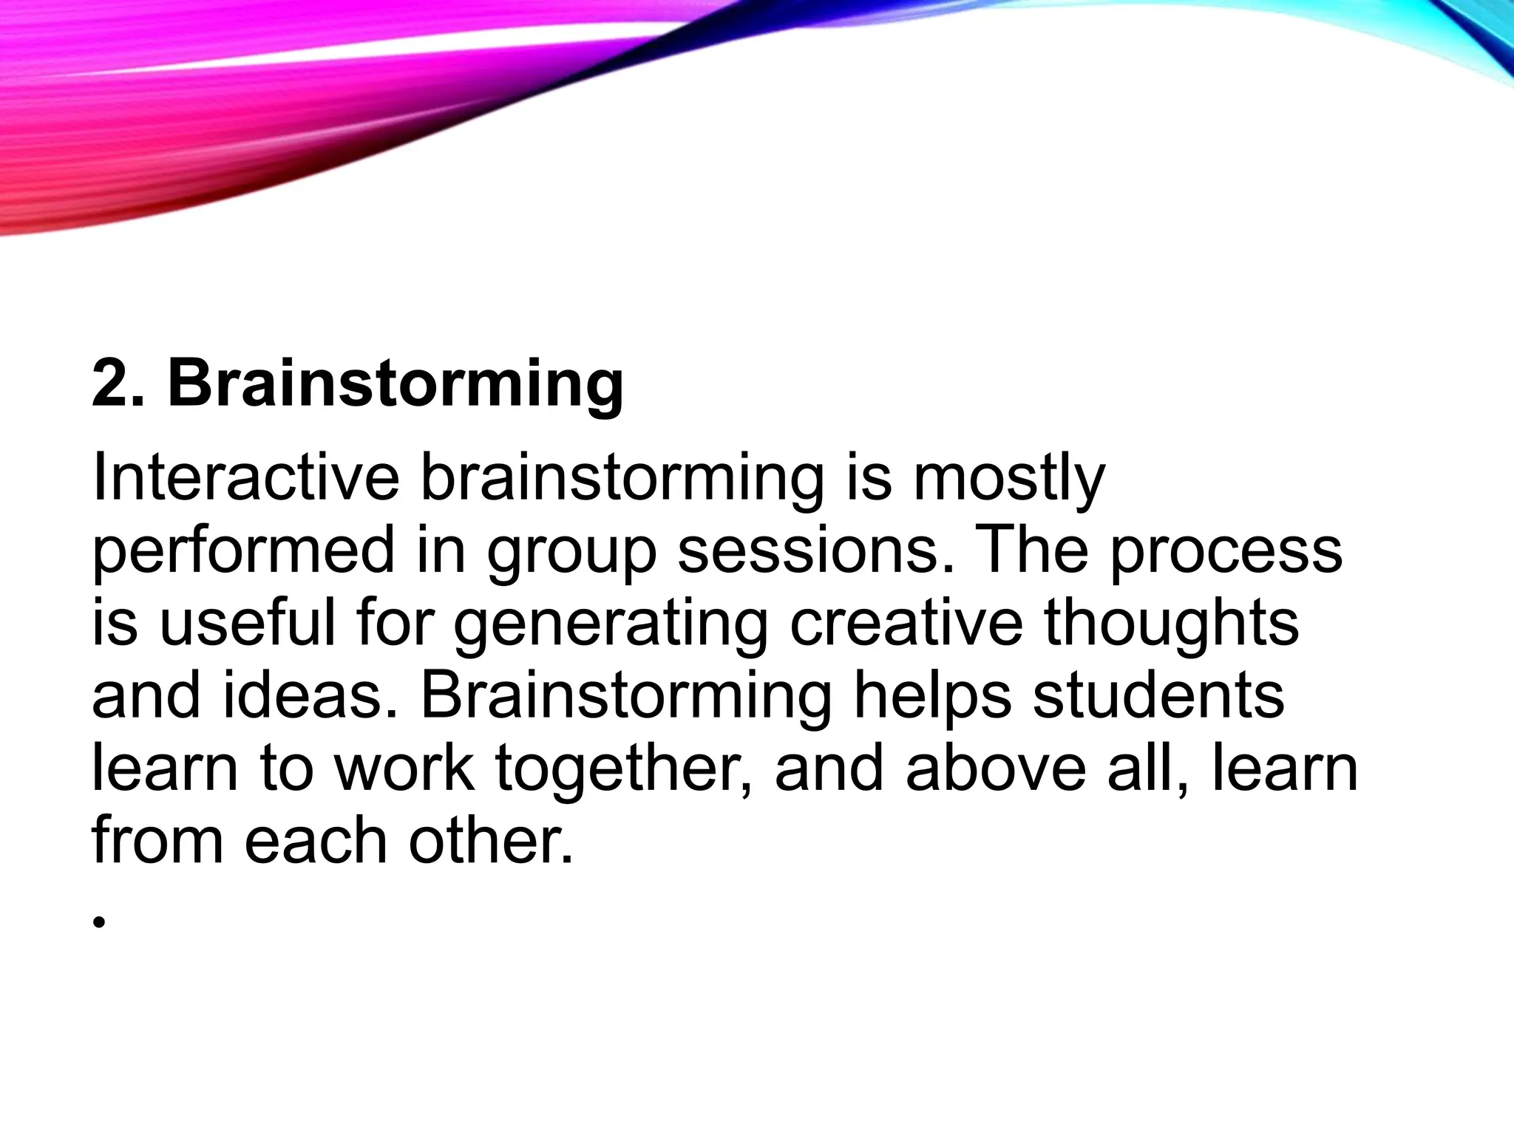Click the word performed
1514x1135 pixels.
pos(243,552)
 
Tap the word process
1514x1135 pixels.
pos(1226,552)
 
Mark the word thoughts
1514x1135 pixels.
pos(1171,625)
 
